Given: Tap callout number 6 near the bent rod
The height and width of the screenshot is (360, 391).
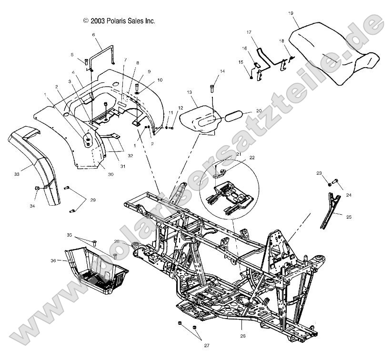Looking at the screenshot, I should coord(93,35).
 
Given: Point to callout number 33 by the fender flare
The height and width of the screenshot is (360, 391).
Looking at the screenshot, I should coord(16,175).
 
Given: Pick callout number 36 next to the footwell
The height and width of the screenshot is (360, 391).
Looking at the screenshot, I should coord(53,260).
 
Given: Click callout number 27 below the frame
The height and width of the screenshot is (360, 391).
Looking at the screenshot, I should coord(206,346).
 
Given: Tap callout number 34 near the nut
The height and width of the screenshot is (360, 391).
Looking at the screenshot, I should coord(33,206).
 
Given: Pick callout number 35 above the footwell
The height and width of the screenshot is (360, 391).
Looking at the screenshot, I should coord(69,235).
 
